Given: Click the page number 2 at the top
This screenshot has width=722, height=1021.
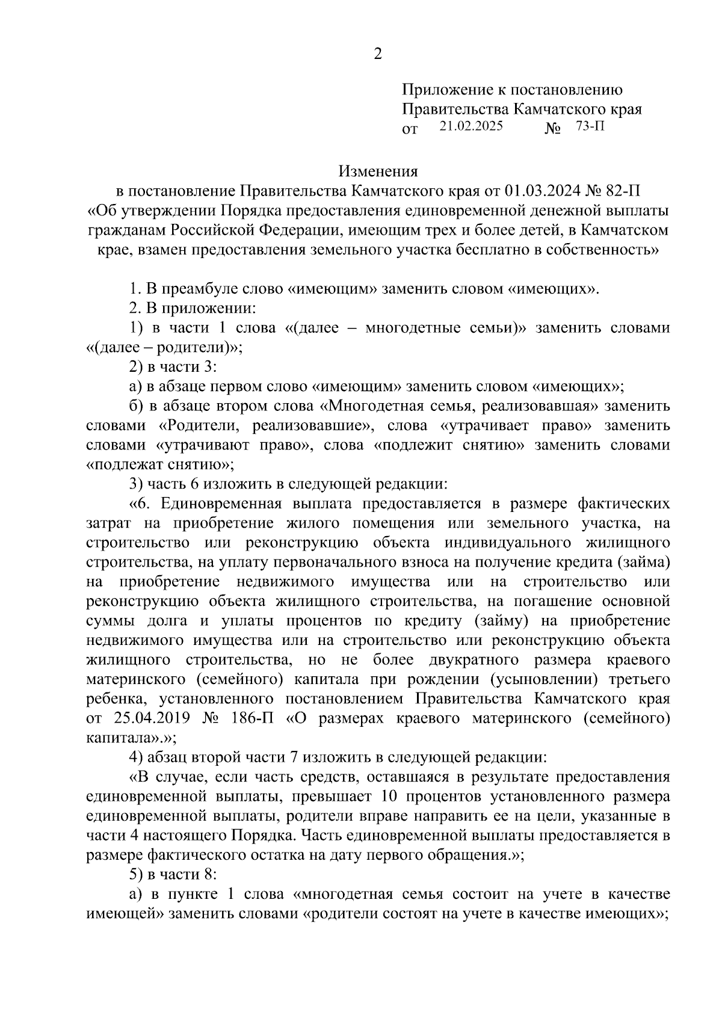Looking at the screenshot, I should pos(378,54).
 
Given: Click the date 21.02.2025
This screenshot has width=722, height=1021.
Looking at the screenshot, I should pos(471,126).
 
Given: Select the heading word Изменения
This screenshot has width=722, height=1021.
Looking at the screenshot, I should pos(378,171).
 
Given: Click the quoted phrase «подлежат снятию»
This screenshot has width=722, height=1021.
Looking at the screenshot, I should pos(161,464).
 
